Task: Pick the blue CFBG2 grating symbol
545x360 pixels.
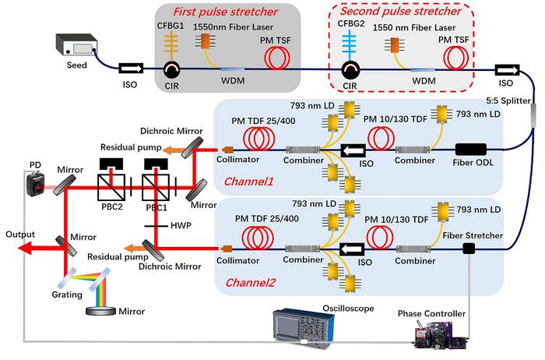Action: click(x=349, y=44)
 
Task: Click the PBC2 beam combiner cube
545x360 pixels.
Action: click(x=113, y=186)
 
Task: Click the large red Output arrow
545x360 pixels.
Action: click(x=34, y=248)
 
